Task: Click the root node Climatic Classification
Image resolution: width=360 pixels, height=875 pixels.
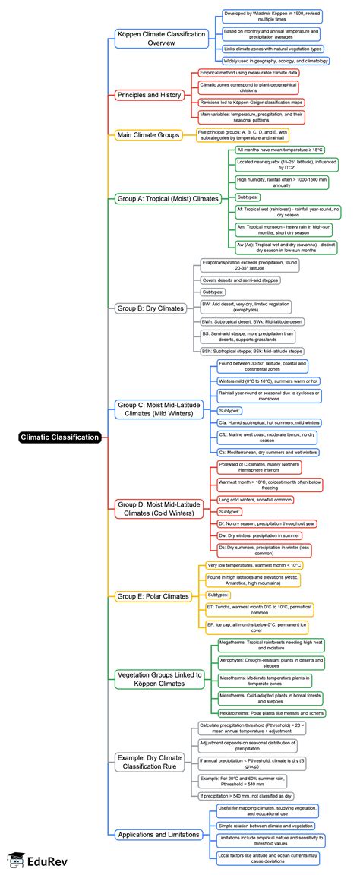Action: (x=60, y=437)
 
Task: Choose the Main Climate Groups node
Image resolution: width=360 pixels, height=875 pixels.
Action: (x=150, y=135)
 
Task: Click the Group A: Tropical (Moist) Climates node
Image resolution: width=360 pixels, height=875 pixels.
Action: (x=169, y=199)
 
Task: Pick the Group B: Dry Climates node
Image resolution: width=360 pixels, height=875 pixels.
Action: (x=150, y=308)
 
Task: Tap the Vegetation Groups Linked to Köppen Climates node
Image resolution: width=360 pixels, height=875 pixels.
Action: (x=160, y=679)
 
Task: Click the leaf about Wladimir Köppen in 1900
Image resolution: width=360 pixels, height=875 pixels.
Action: (x=270, y=17)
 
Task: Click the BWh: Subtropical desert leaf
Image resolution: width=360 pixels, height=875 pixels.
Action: (x=251, y=322)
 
